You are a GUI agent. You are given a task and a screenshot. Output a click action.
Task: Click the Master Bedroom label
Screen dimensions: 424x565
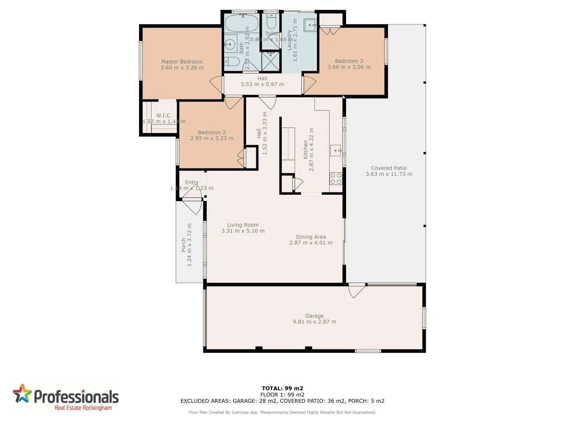[182, 62]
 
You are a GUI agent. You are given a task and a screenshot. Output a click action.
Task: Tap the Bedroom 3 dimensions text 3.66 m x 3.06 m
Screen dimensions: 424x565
[349, 67]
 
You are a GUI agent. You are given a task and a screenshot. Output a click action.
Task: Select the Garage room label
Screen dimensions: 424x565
[314, 316]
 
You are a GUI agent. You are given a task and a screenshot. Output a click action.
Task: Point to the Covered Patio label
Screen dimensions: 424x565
[388, 168]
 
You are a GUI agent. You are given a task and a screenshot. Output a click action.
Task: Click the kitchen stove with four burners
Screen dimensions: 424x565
[335, 179]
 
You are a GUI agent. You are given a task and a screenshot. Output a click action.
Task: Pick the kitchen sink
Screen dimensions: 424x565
[335, 150]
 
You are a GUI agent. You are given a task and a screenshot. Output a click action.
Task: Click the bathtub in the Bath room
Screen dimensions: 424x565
[242, 24]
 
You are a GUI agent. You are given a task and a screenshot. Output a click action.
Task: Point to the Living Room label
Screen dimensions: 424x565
[242, 225]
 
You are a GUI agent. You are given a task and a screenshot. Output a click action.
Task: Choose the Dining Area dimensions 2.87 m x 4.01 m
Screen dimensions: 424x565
[311, 243]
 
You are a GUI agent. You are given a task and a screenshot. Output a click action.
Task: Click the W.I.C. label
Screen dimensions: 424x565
[164, 115]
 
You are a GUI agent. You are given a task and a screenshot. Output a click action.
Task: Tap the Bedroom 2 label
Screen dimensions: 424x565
[211, 132]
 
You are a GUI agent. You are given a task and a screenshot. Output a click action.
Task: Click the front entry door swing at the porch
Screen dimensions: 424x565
[192, 206]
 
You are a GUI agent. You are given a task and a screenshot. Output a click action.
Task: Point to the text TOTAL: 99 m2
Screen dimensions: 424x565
[282, 388]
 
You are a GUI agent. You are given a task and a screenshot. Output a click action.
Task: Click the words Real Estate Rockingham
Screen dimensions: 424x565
[83, 408]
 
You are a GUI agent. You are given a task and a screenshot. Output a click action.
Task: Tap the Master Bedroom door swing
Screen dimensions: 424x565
[217, 84]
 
